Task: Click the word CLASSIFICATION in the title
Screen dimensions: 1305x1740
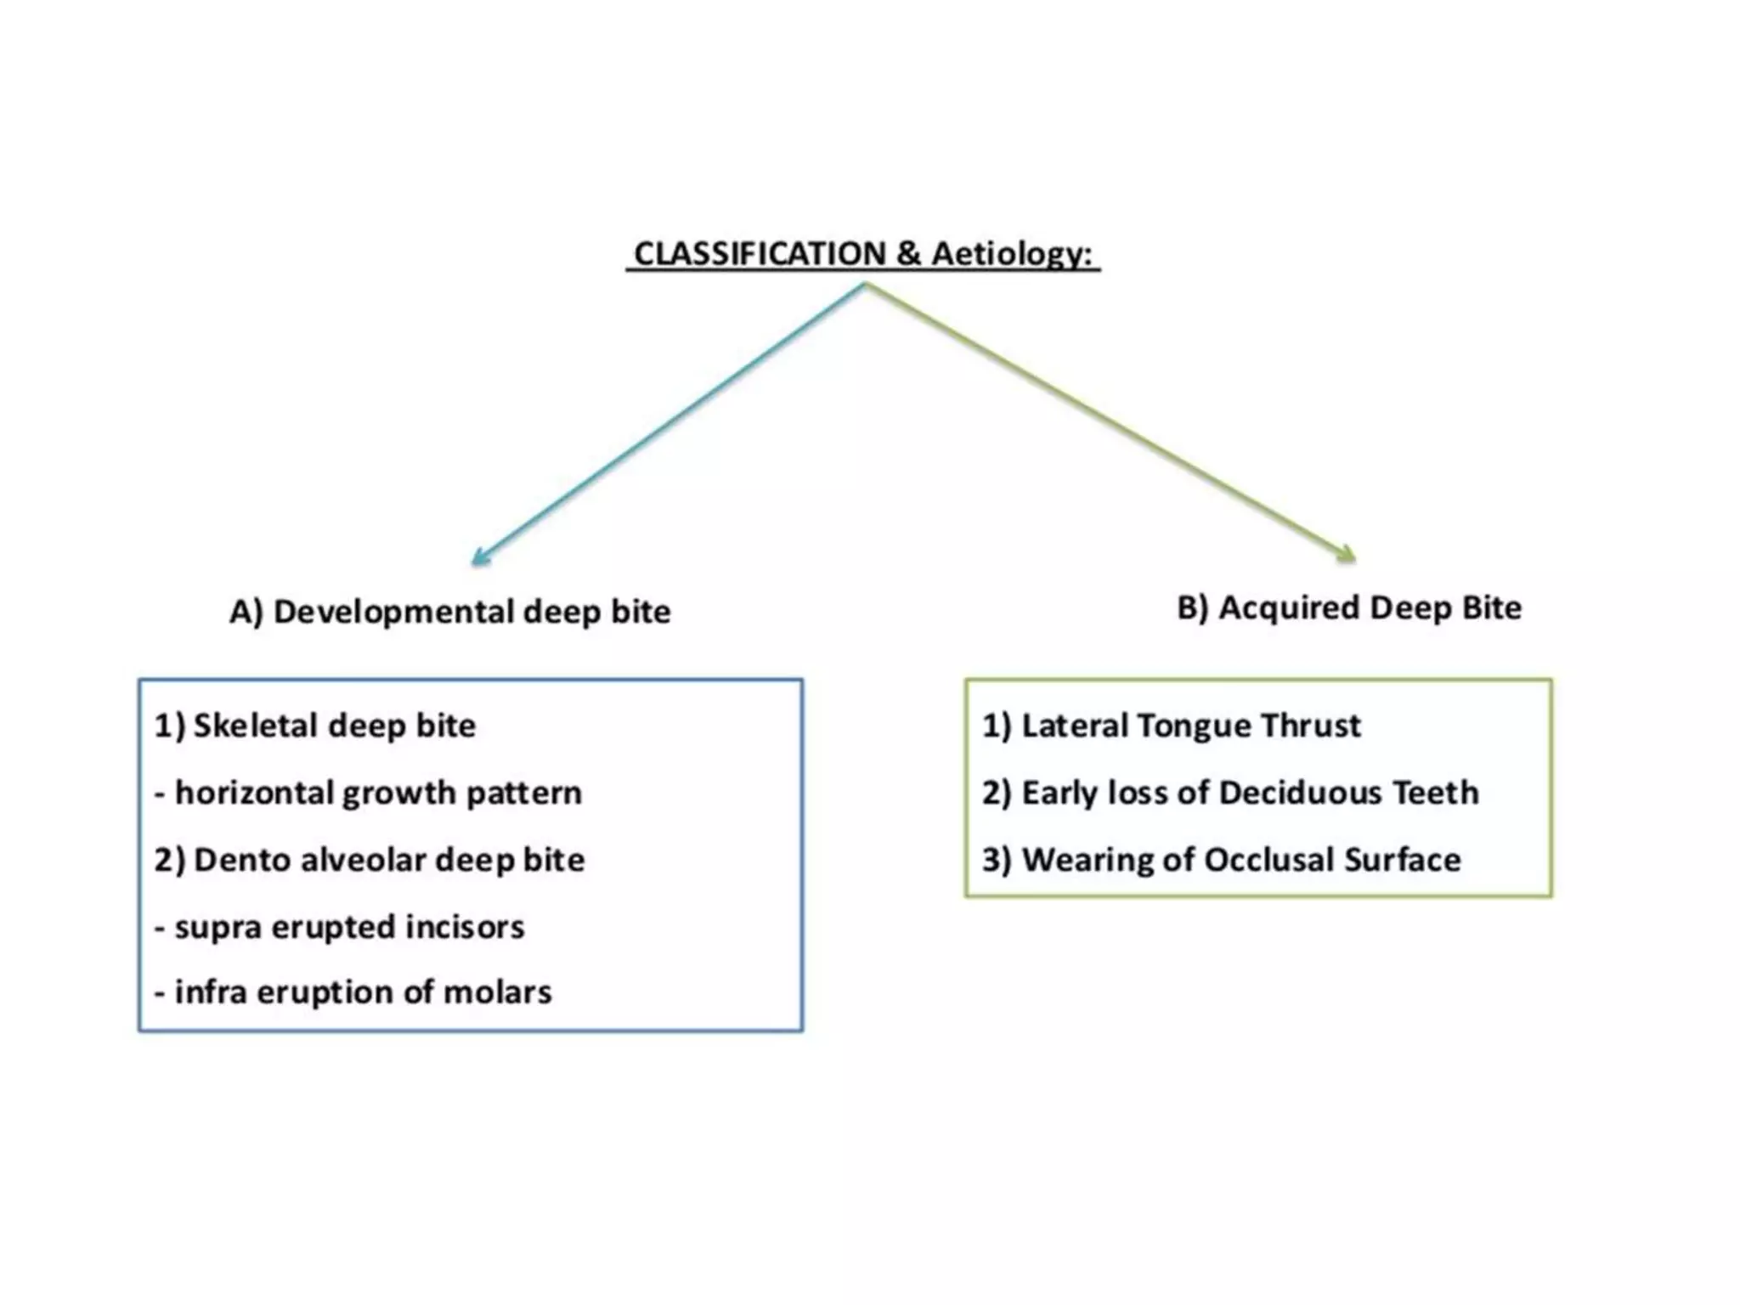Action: (x=760, y=254)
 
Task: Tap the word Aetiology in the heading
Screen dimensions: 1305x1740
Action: (x=1010, y=254)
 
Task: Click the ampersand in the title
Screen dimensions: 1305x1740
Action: (x=908, y=254)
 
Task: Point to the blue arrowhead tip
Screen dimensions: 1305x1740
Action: (x=474, y=563)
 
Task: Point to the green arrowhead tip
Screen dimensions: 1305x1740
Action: (x=1353, y=561)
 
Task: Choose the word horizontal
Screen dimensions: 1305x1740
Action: (x=254, y=794)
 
